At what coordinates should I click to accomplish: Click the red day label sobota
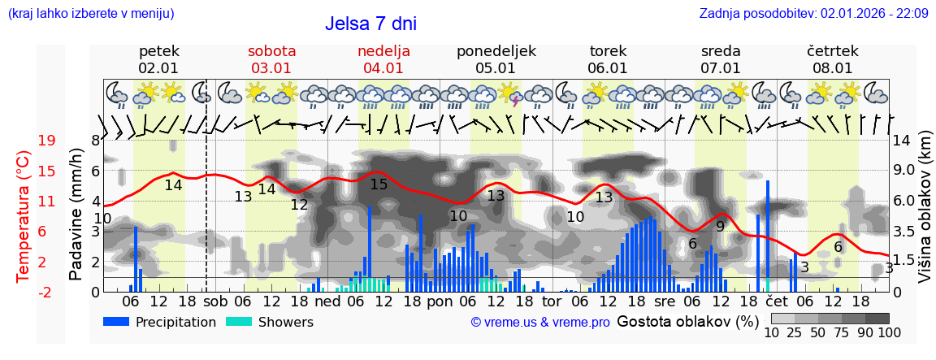(271, 50)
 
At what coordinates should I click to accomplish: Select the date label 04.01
(383, 68)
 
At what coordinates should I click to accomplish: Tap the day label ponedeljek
(496, 50)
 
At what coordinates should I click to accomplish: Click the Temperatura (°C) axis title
(24, 215)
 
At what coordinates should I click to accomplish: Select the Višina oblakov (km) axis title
(925, 215)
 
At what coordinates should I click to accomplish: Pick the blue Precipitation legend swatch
(117, 322)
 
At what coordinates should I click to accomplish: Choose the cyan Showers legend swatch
(240, 322)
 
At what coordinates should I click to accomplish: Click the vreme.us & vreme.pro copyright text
(540, 323)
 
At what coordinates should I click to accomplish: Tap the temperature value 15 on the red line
(379, 184)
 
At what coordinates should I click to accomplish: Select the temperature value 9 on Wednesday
(720, 227)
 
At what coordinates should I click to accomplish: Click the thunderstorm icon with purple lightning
(510, 94)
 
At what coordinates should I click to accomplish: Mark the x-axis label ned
(327, 301)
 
